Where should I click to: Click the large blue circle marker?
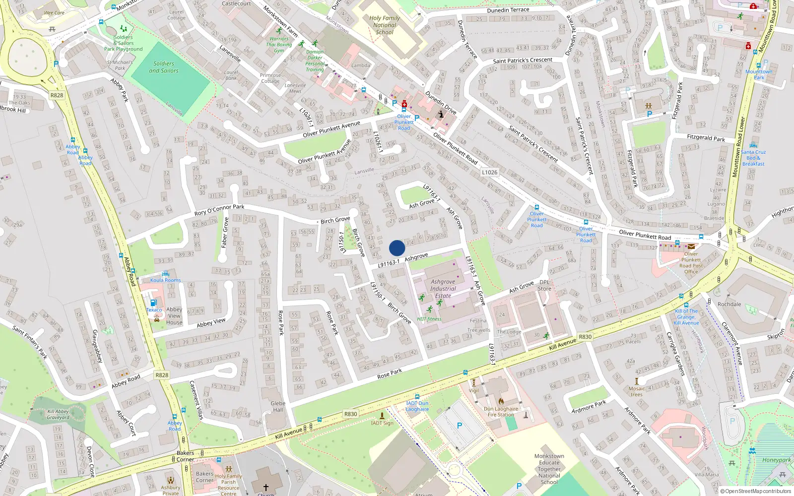[397, 248]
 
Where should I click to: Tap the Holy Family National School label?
[385, 25]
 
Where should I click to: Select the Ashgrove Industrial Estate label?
[443, 289]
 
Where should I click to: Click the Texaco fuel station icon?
[153, 303]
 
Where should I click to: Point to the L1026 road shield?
[489, 172]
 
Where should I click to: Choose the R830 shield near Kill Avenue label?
[585, 337]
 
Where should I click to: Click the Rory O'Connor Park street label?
[219, 210]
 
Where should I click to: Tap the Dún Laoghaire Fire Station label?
[501, 412]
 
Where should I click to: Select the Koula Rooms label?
[166, 280]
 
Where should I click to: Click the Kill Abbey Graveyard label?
[58, 414]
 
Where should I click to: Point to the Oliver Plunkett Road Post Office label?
[691, 263]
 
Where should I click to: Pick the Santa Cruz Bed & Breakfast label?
[753, 158]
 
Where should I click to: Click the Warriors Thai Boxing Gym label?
[279, 45]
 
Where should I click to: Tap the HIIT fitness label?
[429, 319]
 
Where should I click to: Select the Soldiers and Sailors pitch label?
[164, 67]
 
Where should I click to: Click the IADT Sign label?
[382, 423]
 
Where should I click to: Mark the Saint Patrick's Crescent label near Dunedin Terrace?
[523, 61]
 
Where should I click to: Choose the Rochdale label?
[729, 305]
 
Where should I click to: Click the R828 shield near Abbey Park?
[57, 95]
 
